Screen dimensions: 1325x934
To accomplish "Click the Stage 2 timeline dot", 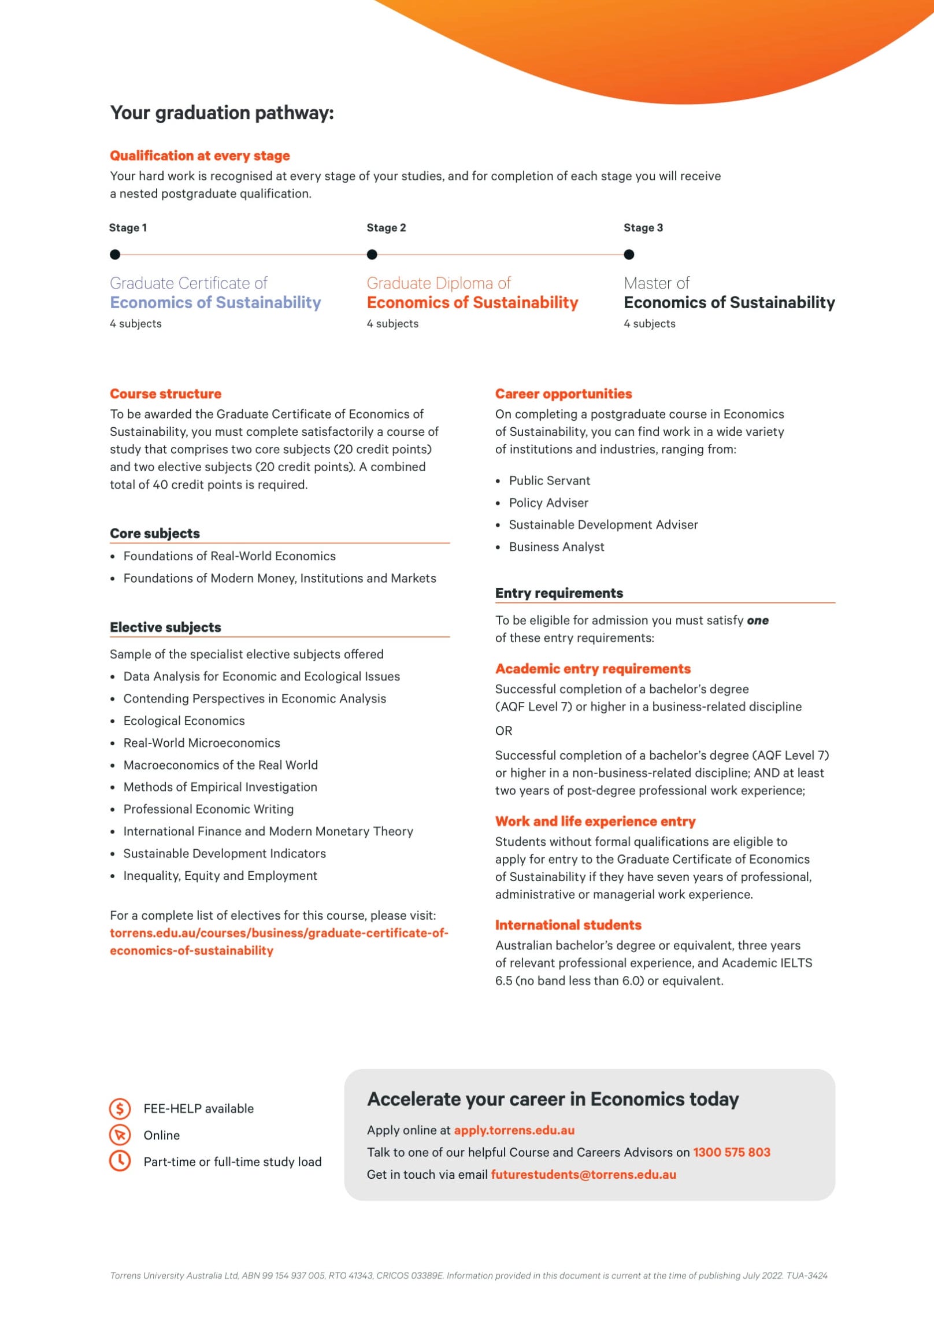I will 372,254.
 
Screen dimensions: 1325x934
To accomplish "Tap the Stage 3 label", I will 643,228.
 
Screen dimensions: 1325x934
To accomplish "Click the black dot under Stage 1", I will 115,254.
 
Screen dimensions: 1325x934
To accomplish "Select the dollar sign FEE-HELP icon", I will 120,1108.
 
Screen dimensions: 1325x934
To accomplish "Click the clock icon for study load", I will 120,1161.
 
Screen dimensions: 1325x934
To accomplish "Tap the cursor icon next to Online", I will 120,1135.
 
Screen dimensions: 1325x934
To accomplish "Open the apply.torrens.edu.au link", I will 514,1130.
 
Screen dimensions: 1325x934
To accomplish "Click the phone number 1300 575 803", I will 731,1152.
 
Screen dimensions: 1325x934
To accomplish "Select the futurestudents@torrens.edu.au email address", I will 583,1174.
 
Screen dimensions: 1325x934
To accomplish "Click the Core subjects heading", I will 155,533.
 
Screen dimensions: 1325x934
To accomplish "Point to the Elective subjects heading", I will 165,627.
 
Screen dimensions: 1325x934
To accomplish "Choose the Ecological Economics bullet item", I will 184,721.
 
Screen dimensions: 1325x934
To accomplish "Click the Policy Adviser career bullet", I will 548,503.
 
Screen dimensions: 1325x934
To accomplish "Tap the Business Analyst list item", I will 557,547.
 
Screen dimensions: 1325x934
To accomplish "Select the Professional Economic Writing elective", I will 208,809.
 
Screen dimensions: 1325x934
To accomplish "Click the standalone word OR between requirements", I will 503,731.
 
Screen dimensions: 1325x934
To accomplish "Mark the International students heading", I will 568,925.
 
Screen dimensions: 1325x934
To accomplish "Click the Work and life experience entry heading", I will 595,821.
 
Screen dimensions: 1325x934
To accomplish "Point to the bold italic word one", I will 758,620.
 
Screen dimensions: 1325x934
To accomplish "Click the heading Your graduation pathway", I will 222,113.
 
